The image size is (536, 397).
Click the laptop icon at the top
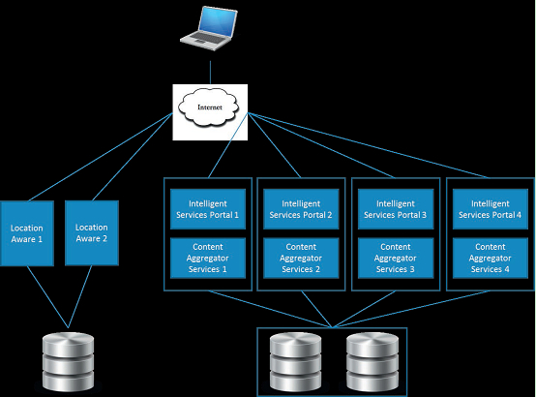pyautogui.click(x=209, y=28)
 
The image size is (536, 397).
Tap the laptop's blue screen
pyautogui.click(x=219, y=21)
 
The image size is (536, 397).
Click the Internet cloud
pyautogui.click(x=209, y=107)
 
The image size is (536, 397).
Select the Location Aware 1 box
pyautogui.click(x=27, y=233)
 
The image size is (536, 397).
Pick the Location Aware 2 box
pyautogui.click(x=92, y=232)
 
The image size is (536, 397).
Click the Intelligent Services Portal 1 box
pyautogui.click(x=208, y=209)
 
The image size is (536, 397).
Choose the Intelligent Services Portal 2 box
pyautogui.click(x=301, y=209)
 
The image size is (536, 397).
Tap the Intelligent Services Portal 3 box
pyautogui.click(x=396, y=209)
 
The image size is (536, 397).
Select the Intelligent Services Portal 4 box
pyautogui.click(x=491, y=209)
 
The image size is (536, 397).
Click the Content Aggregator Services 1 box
pyautogui.click(x=208, y=258)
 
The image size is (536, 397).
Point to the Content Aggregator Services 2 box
pyautogui.click(x=301, y=258)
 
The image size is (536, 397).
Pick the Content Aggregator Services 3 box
pyautogui.click(x=396, y=258)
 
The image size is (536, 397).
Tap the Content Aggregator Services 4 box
pyautogui.click(x=491, y=258)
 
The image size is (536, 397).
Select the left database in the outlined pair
pyautogui.click(x=295, y=362)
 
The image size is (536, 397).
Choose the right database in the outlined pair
pyautogui.click(x=372, y=362)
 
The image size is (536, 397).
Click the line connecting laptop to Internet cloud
pyautogui.click(x=210, y=73)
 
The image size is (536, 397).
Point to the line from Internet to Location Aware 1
pyautogui.click(x=101, y=157)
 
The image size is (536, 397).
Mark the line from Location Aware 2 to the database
pyautogui.click(x=80, y=296)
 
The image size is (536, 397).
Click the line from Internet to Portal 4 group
pyautogui.click(x=369, y=145)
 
